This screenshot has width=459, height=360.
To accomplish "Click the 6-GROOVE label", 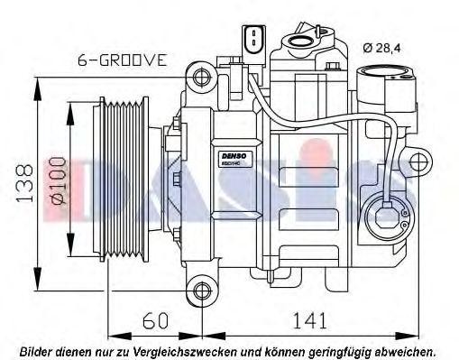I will click(122, 60).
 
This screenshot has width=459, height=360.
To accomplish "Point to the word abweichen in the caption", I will click(402, 348).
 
